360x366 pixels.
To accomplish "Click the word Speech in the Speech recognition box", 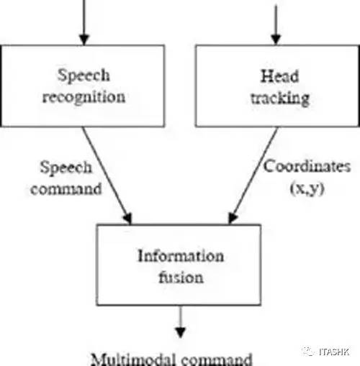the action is tap(84, 76).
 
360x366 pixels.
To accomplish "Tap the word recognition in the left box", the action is tap(84, 98).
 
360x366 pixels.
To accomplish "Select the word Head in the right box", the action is tap(280, 76).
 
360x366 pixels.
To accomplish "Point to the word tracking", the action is tap(280, 99).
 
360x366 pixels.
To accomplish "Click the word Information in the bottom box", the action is tap(181, 256).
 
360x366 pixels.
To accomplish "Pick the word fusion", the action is tap(181, 277).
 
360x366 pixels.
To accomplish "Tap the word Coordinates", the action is tap(307, 166).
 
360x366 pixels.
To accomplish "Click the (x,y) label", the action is tap(307, 188).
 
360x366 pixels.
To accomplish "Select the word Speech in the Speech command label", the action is tap(66, 168).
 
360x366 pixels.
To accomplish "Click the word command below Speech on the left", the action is tap(66, 189).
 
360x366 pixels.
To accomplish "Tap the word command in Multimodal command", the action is tap(217, 360).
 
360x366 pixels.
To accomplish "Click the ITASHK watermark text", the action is tap(334, 352).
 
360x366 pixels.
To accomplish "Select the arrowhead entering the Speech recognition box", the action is tap(84, 40).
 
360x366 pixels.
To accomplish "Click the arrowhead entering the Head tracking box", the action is tap(276, 40).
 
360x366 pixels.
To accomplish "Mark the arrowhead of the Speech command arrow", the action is tap(127, 218).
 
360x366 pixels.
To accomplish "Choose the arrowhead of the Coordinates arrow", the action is tap(233, 218).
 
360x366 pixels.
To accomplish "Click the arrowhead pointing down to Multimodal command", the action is tap(181, 333).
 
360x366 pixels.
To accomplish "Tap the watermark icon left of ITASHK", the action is tap(308, 352).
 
